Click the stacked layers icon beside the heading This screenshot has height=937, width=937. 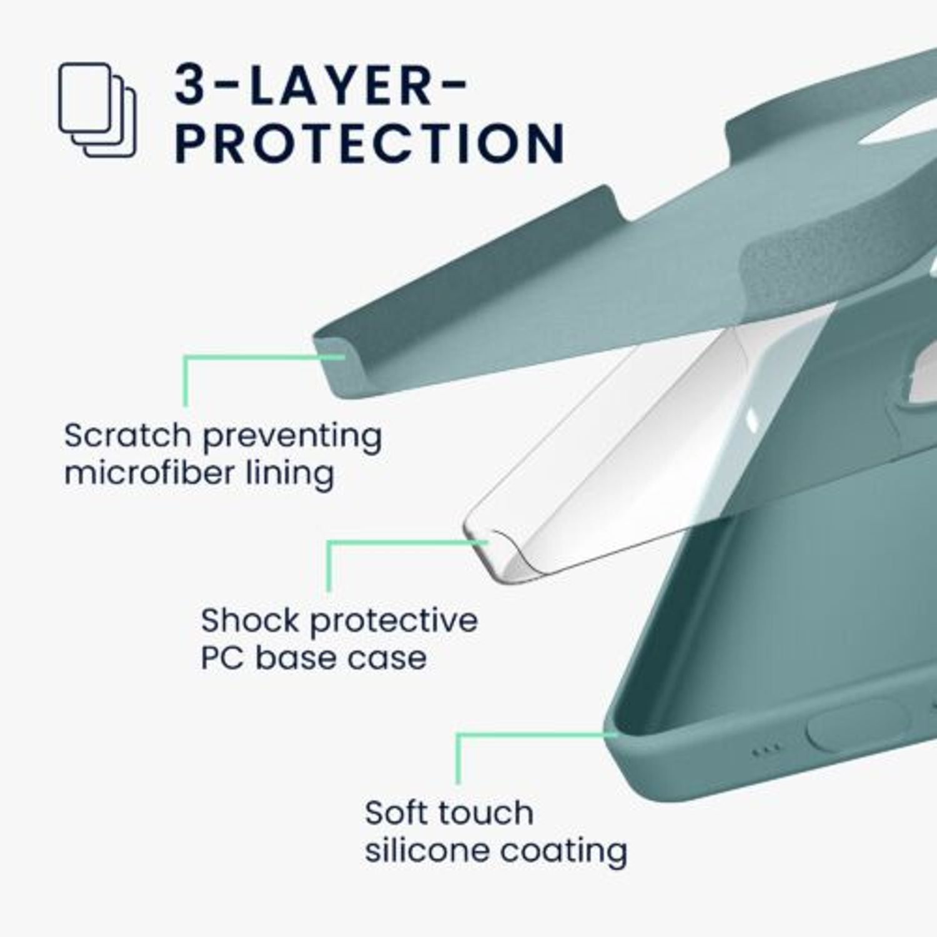click(97, 110)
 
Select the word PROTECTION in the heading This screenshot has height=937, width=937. click(370, 142)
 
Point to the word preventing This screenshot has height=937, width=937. click(292, 437)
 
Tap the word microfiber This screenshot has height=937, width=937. click(149, 473)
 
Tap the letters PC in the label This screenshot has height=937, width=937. click(222, 658)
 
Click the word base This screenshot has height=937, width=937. click(296, 658)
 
